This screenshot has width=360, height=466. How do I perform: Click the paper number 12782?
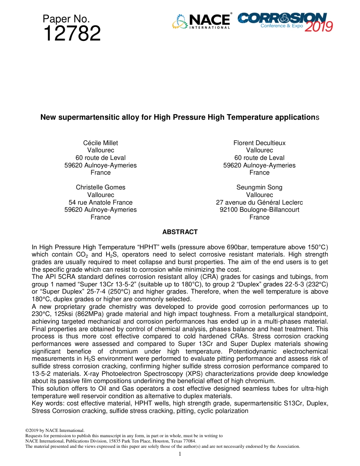point(72,34)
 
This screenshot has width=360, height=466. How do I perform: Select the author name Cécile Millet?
point(100,143)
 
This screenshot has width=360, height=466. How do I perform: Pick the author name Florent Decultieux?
point(259,143)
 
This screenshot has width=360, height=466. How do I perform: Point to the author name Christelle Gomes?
point(100,187)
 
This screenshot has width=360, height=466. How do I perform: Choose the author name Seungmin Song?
point(259,187)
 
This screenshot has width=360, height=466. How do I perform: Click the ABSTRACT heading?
point(180,232)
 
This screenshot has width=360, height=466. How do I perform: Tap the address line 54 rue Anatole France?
point(100,202)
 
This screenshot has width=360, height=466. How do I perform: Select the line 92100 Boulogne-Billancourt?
point(259,210)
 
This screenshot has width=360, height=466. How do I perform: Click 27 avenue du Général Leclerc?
point(259,202)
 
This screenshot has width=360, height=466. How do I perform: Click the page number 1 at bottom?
point(180,454)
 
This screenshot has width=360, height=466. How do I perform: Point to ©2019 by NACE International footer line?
point(54,430)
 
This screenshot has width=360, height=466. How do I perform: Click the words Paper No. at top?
point(66,19)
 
